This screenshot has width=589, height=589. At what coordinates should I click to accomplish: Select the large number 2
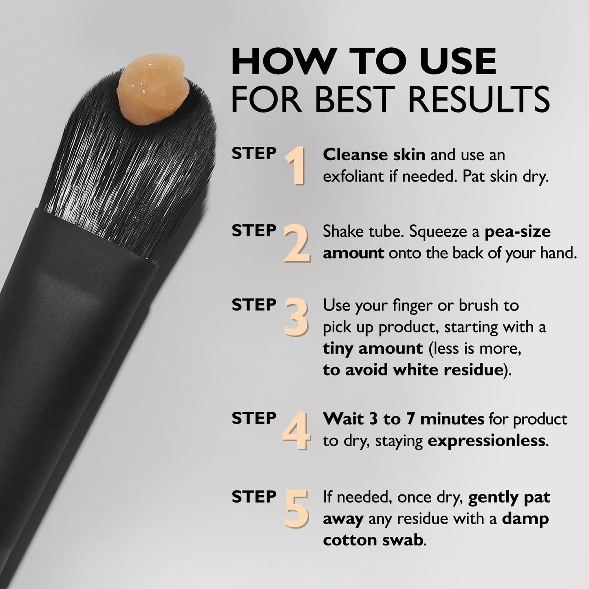coord(297,243)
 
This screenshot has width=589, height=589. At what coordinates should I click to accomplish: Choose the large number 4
coord(296,431)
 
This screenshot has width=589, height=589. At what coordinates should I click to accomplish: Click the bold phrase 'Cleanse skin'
coord(374,155)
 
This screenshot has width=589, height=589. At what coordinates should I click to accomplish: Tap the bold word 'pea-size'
coord(518,232)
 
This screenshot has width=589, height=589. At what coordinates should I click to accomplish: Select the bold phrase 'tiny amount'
coord(373,349)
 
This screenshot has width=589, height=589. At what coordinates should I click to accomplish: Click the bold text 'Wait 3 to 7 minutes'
coord(403,419)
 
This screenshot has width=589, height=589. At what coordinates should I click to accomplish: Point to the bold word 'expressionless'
coord(486,441)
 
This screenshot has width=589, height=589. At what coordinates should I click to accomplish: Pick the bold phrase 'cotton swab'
coord(373,540)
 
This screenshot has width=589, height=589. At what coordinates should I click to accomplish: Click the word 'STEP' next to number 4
coord(254,418)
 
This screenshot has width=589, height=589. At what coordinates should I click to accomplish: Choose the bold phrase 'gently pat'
coord(509,497)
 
